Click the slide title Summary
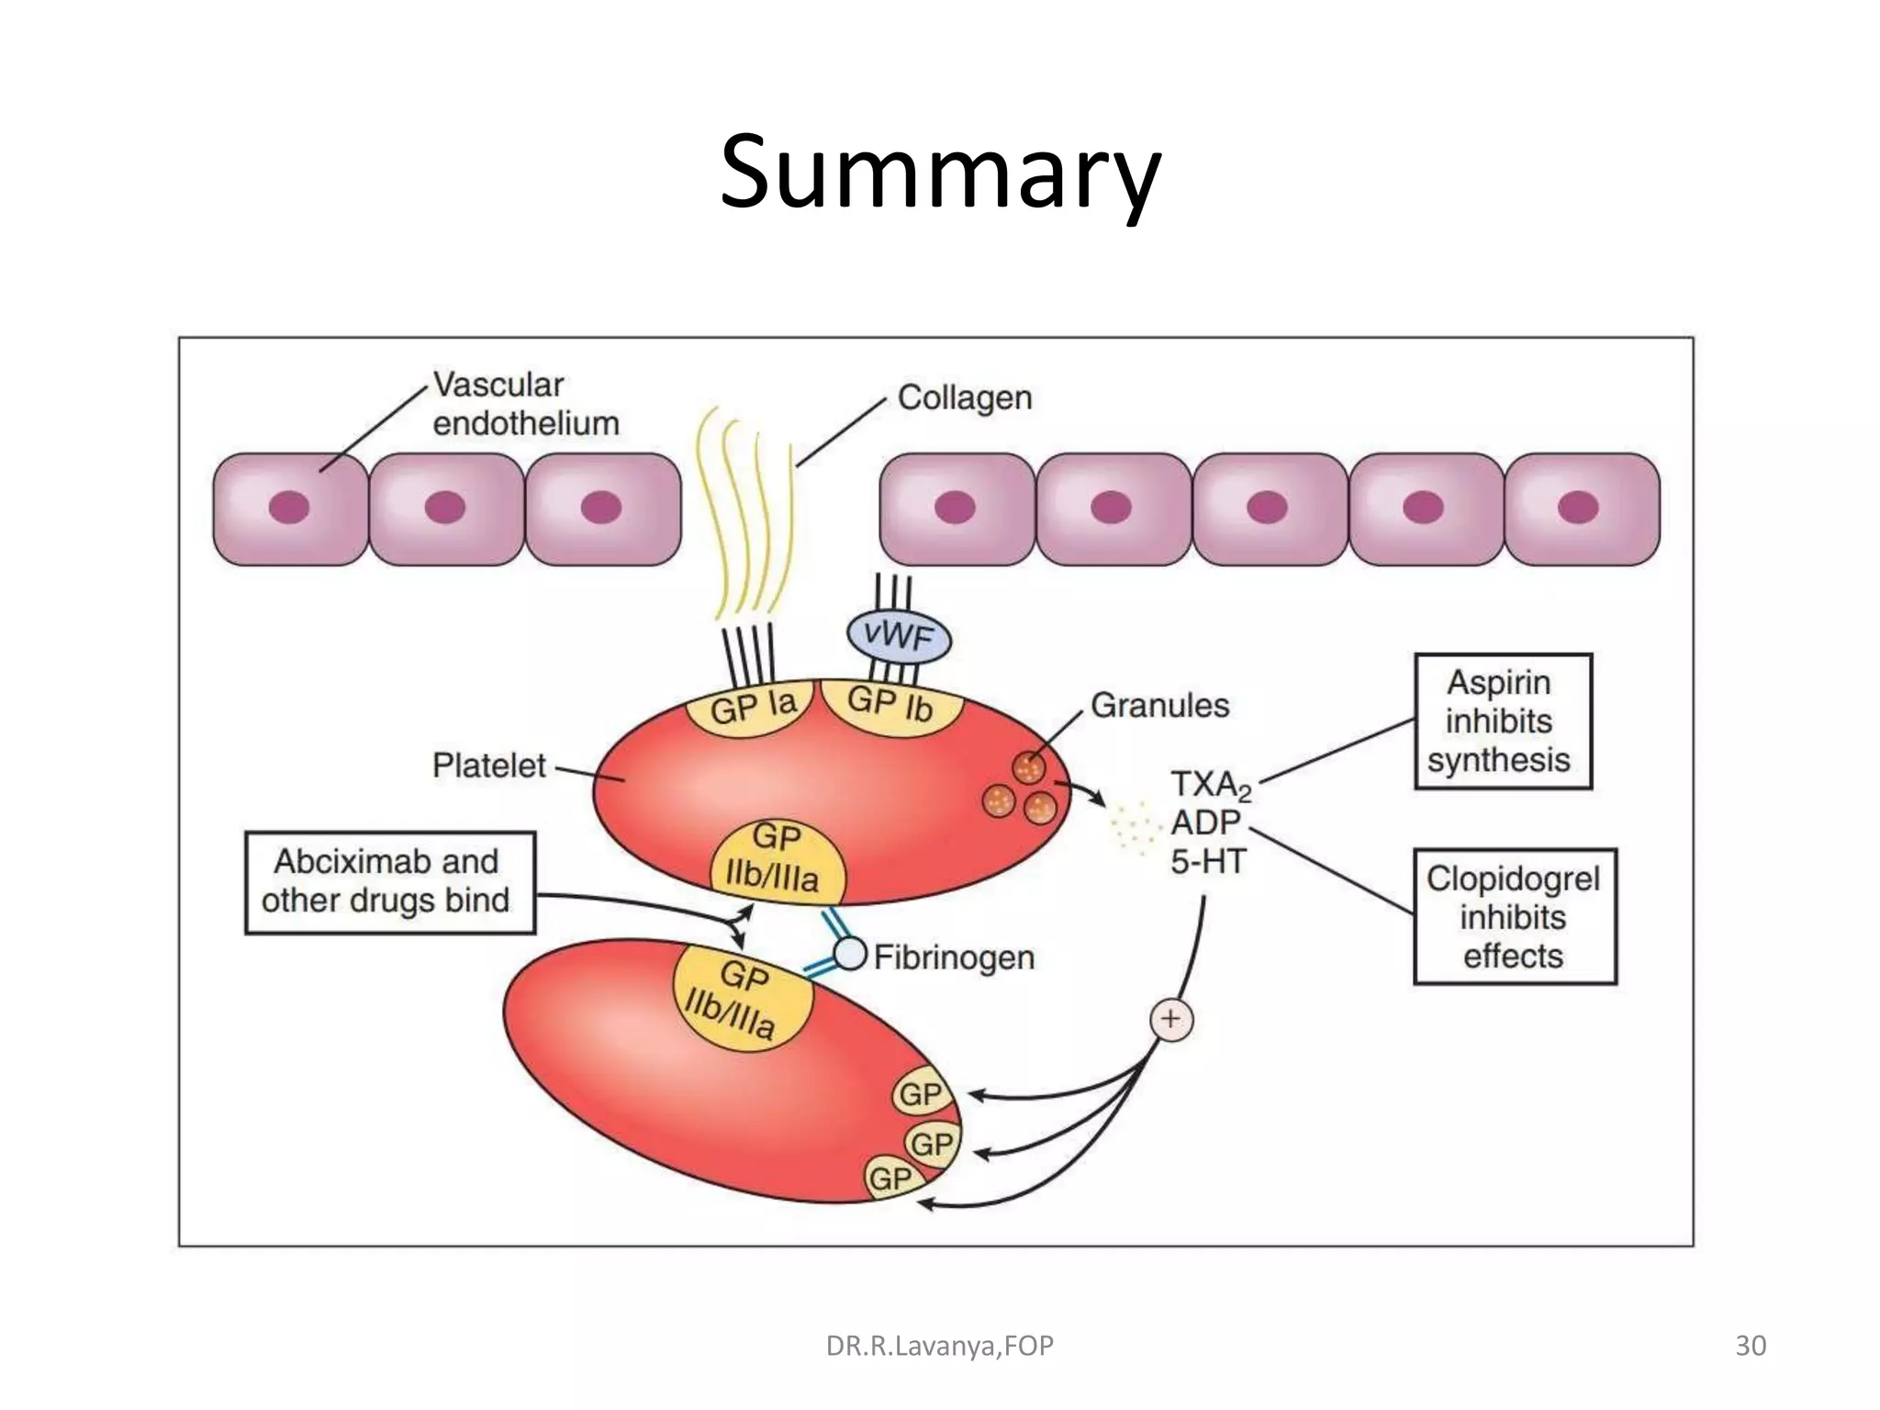pyautogui.click(x=939, y=173)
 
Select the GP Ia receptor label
pyautogui.click(x=753, y=707)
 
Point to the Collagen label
pyautogui.click(x=964, y=397)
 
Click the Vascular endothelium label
pyautogui.click(x=525, y=404)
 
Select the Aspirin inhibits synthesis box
pyautogui.click(x=1502, y=722)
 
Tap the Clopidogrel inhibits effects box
pyautogui.click(x=1514, y=916)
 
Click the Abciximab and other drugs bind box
pyautogui.click(x=389, y=882)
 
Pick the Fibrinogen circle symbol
pyautogui.click(x=850, y=954)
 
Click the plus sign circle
pyautogui.click(x=1171, y=1019)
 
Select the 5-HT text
pyautogui.click(x=1207, y=862)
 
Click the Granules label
pyautogui.click(x=1158, y=706)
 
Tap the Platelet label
pyautogui.click(x=488, y=766)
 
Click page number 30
pyautogui.click(x=1750, y=1346)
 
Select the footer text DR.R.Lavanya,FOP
pyautogui.click(x=939, y=1346)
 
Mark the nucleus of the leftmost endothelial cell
pyautogui.click(x=289, y=507)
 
